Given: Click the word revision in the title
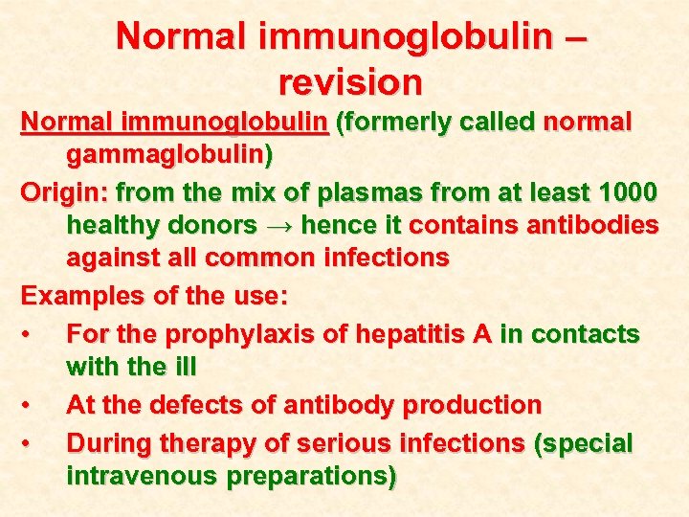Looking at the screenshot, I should point(350,81).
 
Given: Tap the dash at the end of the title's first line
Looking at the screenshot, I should point(574,37).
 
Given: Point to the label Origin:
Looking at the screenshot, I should point(63,192).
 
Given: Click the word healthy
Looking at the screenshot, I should point(114,225).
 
